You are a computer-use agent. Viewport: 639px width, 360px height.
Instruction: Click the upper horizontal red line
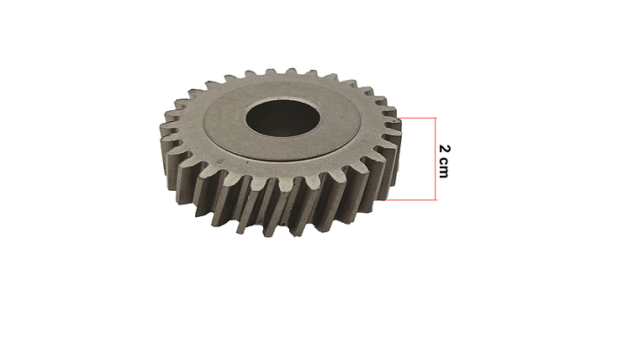tap(417, 117)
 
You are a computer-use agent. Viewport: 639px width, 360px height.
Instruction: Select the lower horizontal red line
tap(412, 200)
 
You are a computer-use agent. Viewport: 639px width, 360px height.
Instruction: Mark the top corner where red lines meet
tap(436, 117)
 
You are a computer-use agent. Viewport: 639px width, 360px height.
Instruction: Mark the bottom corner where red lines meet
tap(436, 200)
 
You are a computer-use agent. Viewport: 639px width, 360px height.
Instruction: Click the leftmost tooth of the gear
tap(165, 135)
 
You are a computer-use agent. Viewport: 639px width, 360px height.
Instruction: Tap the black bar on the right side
tap(569, 180)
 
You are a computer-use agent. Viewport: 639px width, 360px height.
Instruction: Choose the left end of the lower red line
tap(388, 200)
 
